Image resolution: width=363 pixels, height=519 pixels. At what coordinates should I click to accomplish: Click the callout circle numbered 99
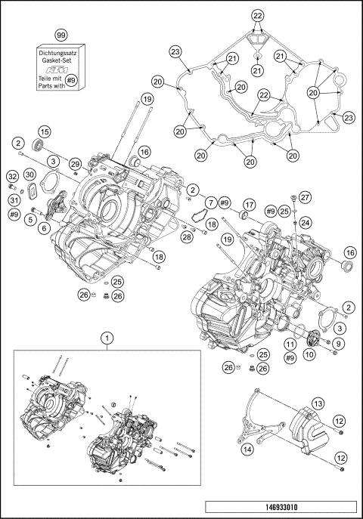[61, 35]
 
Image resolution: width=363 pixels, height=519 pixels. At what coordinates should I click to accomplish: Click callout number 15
[45, 131]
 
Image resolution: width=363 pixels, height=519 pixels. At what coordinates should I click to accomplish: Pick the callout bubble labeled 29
[75, 165]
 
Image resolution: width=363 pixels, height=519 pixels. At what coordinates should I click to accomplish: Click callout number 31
[13, 200]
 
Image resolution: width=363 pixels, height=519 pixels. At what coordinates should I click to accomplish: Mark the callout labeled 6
[45, 227]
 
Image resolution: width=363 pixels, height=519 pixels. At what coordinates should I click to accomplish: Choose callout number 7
[209, 202]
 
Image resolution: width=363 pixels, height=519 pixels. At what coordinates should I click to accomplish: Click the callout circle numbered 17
[248, 204]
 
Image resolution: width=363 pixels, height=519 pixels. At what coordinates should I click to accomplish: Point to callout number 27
[306, 197]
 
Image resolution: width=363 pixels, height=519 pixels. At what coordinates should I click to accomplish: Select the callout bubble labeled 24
[306, 222]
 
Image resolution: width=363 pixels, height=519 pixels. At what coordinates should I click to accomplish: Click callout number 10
[310, 353]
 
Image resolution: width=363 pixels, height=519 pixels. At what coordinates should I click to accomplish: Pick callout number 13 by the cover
[318, 403]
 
